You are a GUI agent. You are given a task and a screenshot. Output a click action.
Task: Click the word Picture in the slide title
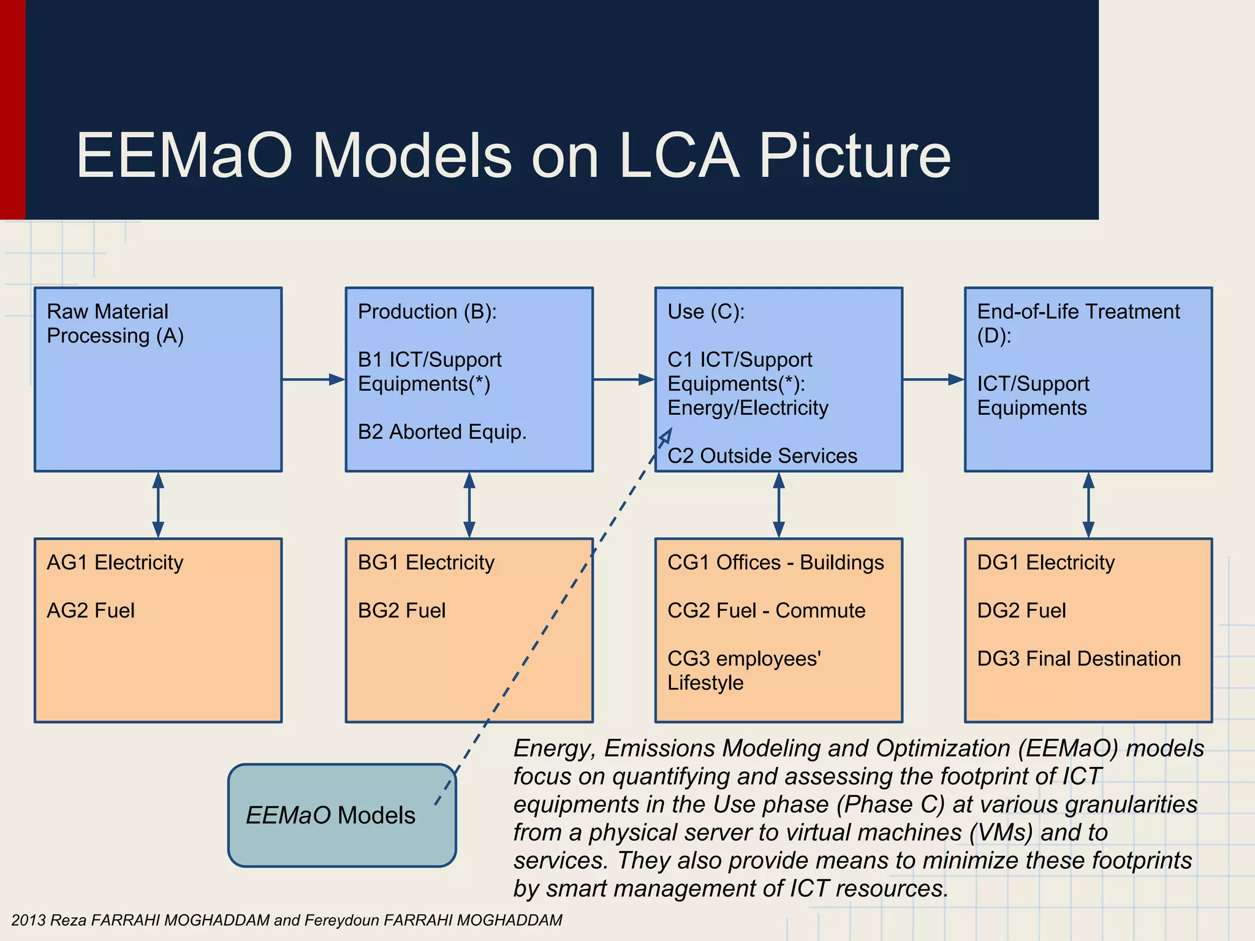tap(855, 156)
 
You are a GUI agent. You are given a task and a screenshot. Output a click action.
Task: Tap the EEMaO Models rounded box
tap(341, 815)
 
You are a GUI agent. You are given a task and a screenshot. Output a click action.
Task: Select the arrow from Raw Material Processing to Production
tap(313, 380)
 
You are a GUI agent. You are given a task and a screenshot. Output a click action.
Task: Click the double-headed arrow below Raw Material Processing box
tap(158, 505)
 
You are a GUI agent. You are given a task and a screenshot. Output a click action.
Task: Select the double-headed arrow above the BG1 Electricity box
tap(469, 505)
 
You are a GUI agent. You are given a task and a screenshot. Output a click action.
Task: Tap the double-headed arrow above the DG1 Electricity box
tap(1088, 505)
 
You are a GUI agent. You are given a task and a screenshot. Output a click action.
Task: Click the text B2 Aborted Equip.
tap(442, 432)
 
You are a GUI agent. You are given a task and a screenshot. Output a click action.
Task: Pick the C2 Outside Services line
tap(762, 456)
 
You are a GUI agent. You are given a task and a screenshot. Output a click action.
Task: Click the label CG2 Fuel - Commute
tap(766, 611)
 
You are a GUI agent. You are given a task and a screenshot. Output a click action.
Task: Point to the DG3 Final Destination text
tap(1079, 659)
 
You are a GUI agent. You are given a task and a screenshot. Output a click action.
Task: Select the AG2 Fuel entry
tap(91, 611)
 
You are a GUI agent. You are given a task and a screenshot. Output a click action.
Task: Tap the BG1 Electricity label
tap(426, 562)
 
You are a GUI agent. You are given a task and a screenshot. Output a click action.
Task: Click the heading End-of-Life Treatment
tap(1078, 312)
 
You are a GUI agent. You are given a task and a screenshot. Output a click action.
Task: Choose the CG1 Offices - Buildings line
tap(775, 562)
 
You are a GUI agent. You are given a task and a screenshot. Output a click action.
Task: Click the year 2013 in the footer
tap(28, 920)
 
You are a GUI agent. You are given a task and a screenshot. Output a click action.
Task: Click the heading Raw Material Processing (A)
tap(115, 323)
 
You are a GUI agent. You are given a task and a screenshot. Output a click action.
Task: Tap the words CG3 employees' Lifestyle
tap(744, 670)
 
